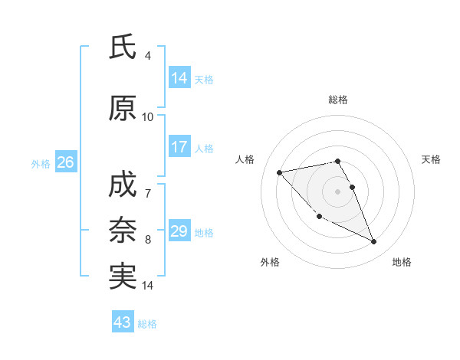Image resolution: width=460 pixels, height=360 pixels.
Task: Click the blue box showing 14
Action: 179,77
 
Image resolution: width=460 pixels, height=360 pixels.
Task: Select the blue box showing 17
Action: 179,147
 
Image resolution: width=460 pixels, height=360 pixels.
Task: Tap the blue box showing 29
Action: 179,231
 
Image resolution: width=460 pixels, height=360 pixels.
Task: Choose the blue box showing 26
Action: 65,162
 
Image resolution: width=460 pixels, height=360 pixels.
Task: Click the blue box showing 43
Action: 123,322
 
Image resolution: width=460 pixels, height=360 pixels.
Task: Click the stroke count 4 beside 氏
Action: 147,55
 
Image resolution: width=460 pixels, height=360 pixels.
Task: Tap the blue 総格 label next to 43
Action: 147,324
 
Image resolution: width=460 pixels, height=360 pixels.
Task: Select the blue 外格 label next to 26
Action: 41,163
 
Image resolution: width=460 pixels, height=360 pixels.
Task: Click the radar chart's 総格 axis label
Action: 337,100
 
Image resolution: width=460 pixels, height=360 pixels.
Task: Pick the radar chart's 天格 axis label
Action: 431,159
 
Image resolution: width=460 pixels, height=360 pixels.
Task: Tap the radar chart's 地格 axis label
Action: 402,262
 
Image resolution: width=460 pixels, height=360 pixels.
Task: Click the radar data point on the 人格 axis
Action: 280,172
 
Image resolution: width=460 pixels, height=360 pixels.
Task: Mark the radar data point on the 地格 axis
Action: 374,242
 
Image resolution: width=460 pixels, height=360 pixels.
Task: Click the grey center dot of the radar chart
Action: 337,191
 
